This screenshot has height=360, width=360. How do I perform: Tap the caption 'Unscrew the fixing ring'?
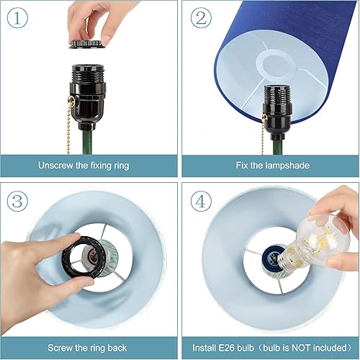tap(84, 166)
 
